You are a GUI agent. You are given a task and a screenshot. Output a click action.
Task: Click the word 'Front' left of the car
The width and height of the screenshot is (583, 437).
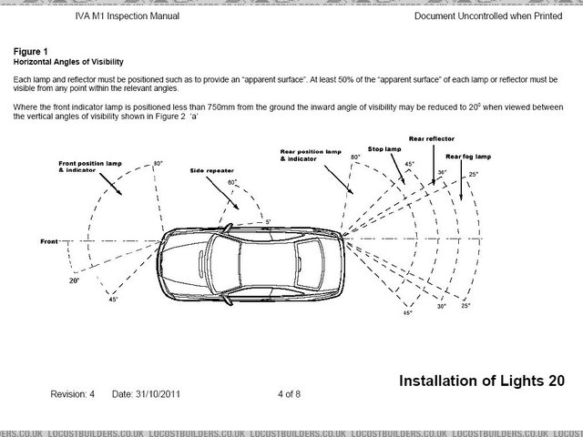[50, 241]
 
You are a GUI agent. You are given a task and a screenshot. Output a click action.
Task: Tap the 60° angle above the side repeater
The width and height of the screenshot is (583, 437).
[232, 182]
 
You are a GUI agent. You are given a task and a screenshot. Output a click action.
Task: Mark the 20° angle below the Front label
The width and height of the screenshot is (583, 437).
[74, 280]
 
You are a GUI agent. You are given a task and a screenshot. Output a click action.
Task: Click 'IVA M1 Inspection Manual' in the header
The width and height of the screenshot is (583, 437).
[126, 16]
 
